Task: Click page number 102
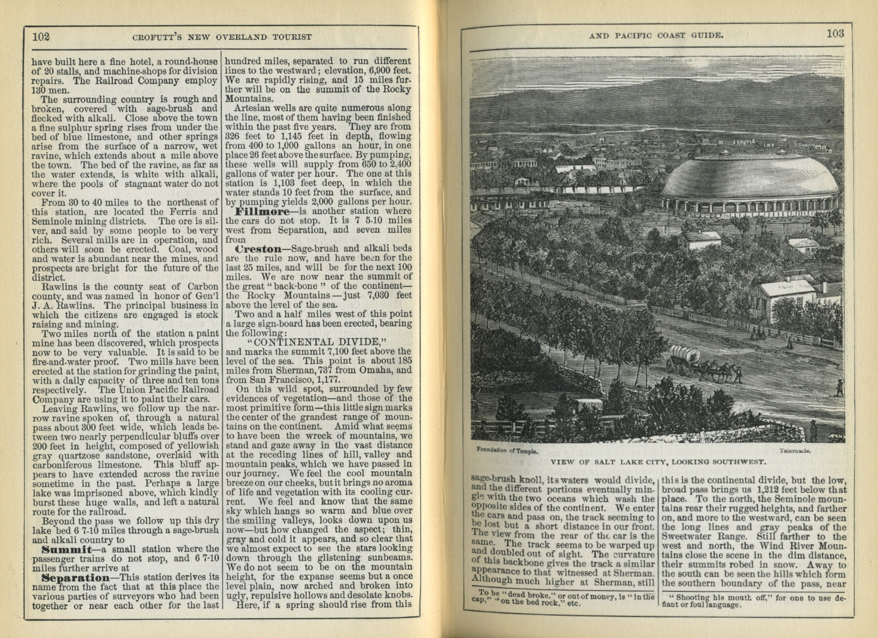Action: pos(41,37)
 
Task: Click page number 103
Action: pos(835,33)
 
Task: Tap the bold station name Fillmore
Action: pos(250,211)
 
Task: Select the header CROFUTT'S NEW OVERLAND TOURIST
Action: pos(222,37)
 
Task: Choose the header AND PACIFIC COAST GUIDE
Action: pos(656,35)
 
